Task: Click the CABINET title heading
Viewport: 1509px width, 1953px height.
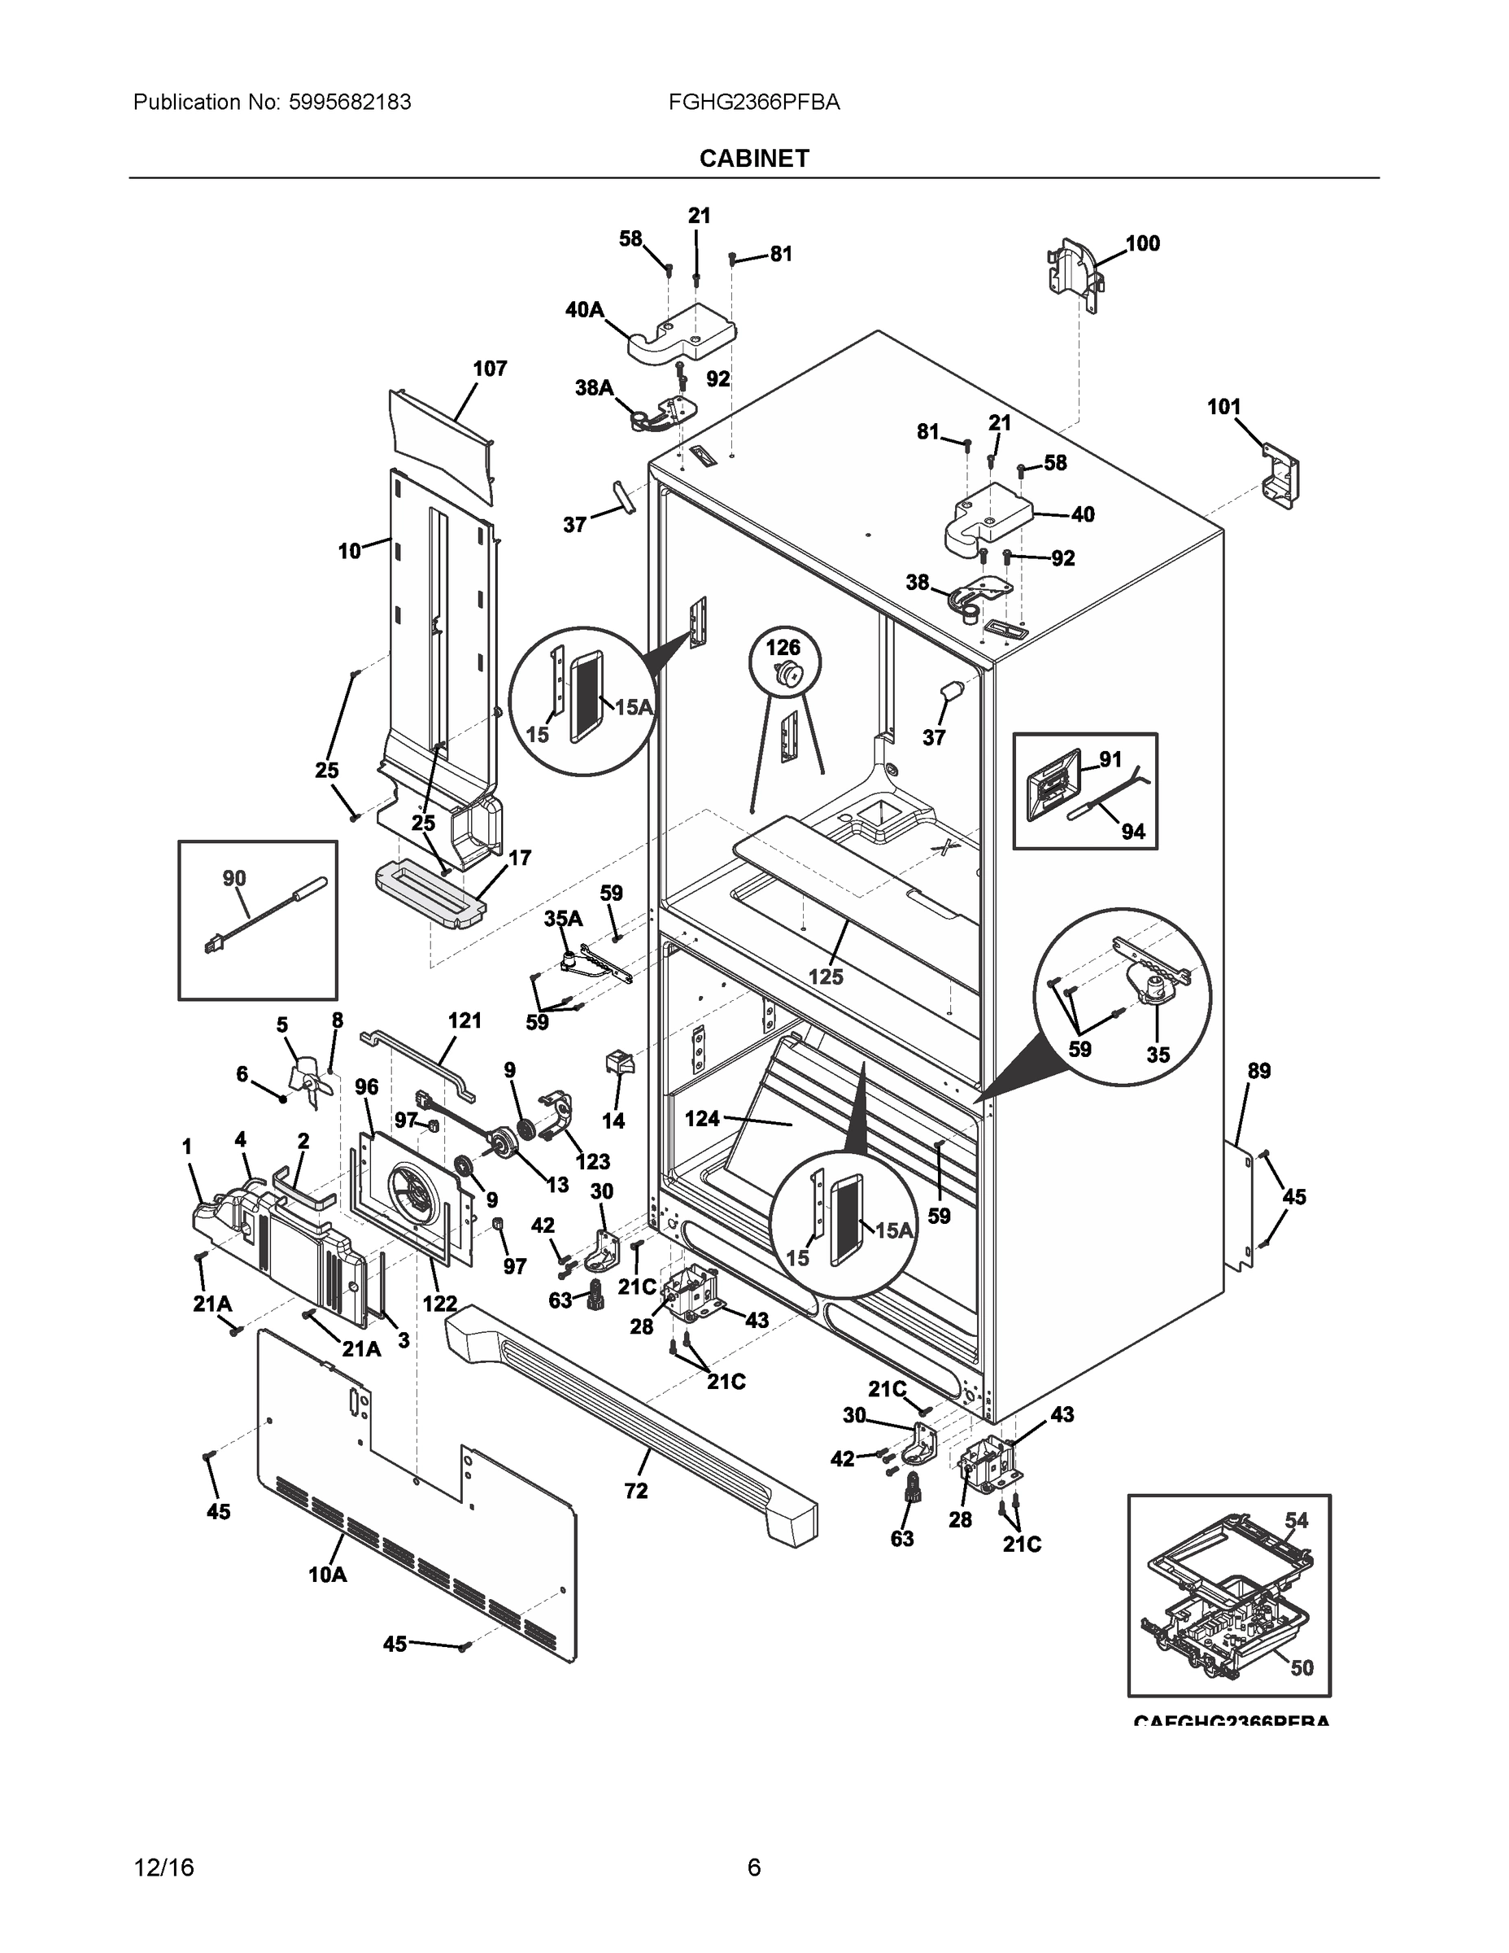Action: (x=753, y=159)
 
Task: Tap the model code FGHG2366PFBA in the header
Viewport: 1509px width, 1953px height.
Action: (x=753, y=103)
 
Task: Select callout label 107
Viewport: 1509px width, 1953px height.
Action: (x=490, y=369)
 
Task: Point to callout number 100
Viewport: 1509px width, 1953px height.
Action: (x=1142, y=243)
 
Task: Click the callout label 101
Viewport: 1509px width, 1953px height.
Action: (x=1223, y=407)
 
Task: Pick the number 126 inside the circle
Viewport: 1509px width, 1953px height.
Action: (x=783, y=648)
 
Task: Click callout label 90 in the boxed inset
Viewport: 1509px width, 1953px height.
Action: (x=234, y=879)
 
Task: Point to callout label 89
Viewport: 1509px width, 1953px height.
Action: (x=1258, y=1071)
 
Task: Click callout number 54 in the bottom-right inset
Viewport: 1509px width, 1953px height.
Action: (x=1296, y=1520)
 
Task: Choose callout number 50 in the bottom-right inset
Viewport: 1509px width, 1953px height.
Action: (x=1302, y=1667)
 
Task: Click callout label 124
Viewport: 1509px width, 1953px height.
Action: (x=703, y=1119)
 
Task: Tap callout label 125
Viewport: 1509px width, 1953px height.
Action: (x=825, y=977)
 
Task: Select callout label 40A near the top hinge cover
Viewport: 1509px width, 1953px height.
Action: (x=585, y=310)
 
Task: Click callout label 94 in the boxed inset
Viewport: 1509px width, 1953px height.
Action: (x=1132, y=832)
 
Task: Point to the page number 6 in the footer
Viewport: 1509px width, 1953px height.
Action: (x=753, y=1868)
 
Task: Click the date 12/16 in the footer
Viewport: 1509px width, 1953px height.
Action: (x=164, y=1868)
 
